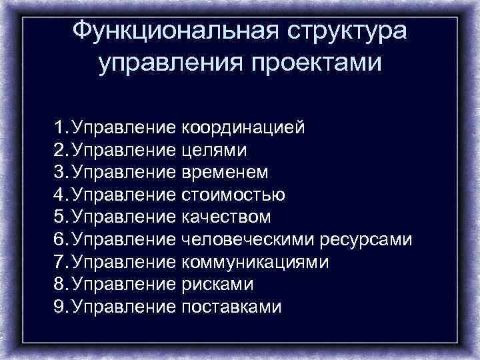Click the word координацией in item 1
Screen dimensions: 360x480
[243, 127]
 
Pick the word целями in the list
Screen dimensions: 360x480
[214, 150]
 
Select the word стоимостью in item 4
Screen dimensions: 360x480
[233, 195]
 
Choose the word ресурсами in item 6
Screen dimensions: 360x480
[367, 240]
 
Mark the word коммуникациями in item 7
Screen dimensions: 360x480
[255, 262]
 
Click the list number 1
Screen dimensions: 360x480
[61, 127]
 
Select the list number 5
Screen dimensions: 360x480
[61, 217]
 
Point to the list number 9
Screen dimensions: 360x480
[61, 307]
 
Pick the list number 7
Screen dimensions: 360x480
[61, 262]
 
